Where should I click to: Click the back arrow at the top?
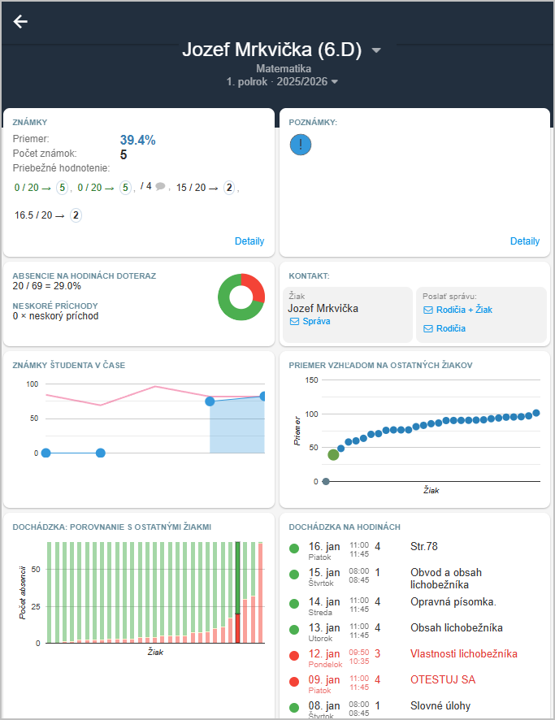click(20, 22)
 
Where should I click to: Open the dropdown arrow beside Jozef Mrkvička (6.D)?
click(376, 50)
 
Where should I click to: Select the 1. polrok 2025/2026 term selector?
click(282, 81)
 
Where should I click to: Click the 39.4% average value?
click(137, 140)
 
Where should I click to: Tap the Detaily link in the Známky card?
click(249, 241)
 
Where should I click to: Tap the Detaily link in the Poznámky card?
click(525, 241)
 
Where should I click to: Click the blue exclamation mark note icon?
click(301, 145)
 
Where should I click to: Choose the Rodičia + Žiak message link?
click(457, 310)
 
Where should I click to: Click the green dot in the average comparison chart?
click(333, 454)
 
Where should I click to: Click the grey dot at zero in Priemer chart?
click(326, 481)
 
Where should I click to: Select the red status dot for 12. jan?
click(294, 654)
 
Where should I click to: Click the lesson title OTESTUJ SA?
click(443, 680)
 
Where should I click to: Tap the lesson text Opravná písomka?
click(453, 602)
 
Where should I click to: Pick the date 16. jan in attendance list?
click(324, 547)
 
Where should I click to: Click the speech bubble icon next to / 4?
click(160, 186)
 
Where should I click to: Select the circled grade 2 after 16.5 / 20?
click(76, 215)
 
